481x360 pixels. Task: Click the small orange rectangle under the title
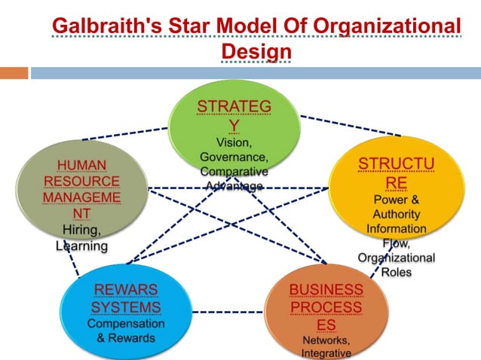click(x=14, y=73)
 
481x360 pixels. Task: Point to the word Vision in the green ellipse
click(x=233, y=142)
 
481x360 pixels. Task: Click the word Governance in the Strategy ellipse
click(x=234, y=156)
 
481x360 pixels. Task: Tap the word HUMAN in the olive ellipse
click(x=81, y=165)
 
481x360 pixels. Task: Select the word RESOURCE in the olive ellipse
click(x=81, y=182)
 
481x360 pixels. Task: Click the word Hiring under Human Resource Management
click(x=79, y=230)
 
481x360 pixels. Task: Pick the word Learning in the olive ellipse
click(x=81, y=246)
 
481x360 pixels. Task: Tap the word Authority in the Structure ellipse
click(x=396, y=215)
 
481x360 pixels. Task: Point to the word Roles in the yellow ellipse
click(x=396, y=272)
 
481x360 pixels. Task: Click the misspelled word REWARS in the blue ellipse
click(x=126, y=290)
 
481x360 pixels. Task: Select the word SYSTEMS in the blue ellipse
click(x=126, y=307)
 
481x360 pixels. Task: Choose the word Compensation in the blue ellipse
click(x=126, y=324)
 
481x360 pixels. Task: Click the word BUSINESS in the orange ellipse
click(x=326, y=290)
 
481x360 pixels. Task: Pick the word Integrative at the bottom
click(x=326, y=353)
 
